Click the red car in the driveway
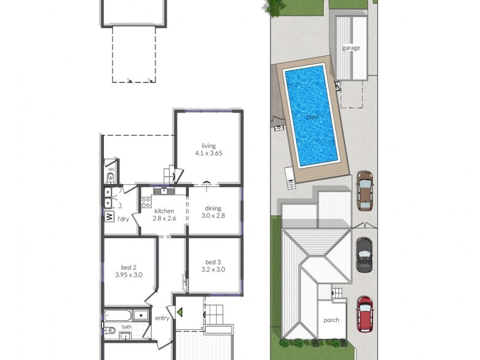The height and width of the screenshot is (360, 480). [x=365, y=313]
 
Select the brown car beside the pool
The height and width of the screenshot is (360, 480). [x=364, y=191]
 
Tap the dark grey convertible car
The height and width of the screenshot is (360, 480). [x=364, y=254]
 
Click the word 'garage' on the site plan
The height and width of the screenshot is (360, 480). [x=351, y=48]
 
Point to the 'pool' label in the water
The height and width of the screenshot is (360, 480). [x=313, y=117]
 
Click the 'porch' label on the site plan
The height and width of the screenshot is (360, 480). [x=331, y=320]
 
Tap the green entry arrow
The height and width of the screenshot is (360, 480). [x=178, y=311]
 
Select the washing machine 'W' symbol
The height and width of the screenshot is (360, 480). [x=110, y=217]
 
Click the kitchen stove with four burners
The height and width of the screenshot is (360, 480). [x=145, y=202]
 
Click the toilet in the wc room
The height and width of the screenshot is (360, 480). [x=111, y=176]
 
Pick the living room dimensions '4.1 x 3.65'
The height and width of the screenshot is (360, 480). [x=209, y=153]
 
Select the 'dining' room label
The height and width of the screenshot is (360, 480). [x=213, y=208]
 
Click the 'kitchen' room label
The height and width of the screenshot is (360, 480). [x=164, y=211]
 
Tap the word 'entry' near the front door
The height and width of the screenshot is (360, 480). [x=162, y=318]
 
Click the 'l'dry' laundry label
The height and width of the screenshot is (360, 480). [x=123, y=219]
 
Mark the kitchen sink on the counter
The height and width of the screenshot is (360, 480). [x=161, y=191]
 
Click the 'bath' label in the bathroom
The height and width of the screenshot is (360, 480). [x=127, y=327]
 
